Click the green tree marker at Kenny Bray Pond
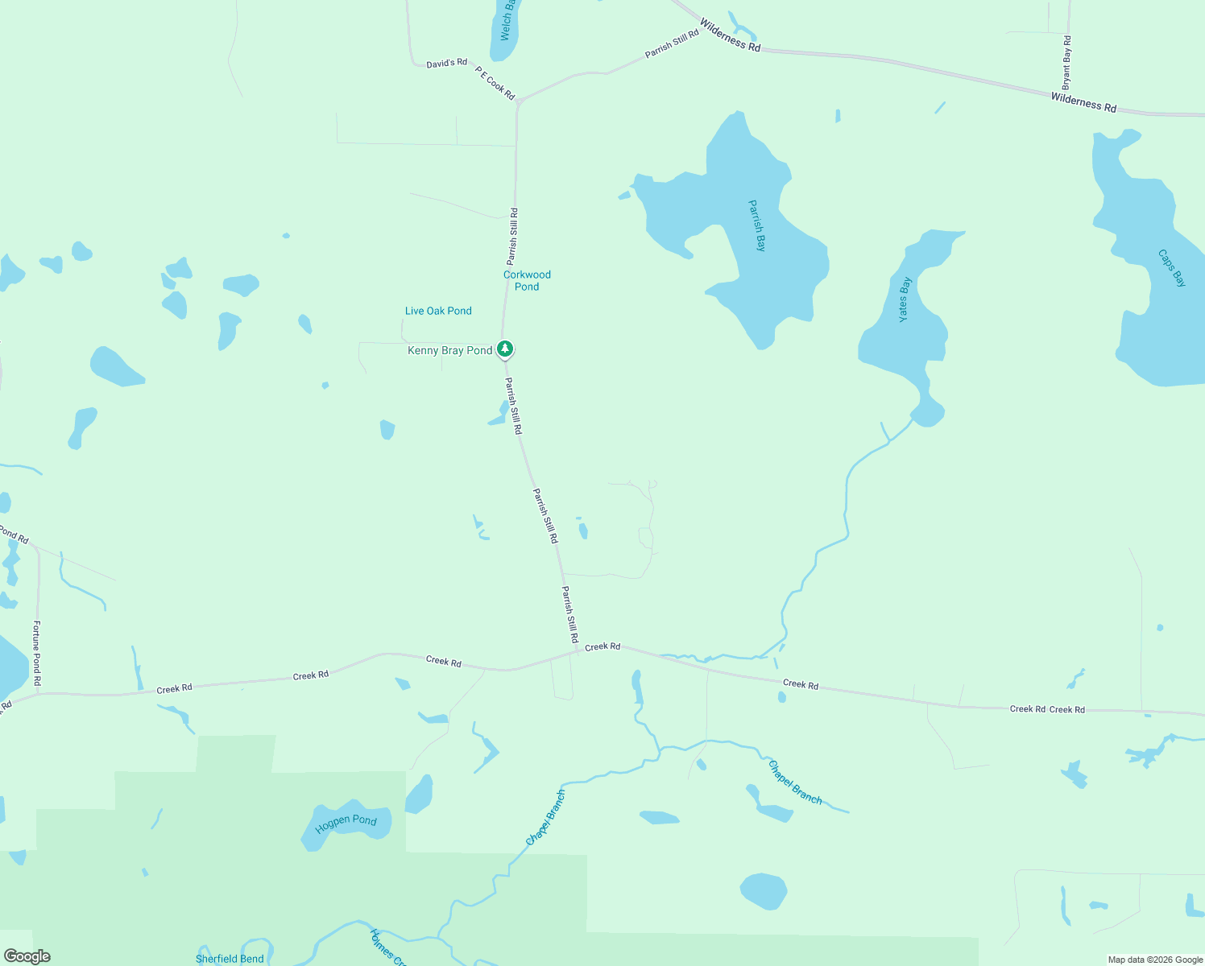click(x=505, y=349)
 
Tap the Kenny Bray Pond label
click(x=449, y=350)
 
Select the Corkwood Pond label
click(x=527, y=280)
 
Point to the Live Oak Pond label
click(x=438, y=311)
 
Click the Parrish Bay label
click(x=756, y=226)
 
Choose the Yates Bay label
click(x=905, y=299)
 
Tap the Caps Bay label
click(x=1172, y=268)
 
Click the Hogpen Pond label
click(x=346, y=823)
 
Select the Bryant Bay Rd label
click(x=1066, y=62)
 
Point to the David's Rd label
click(x=446, y=63)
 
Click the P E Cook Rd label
click(x=495, y=83)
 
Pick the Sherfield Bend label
click(x=230, y=959)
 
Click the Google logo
click(x=27, y=956)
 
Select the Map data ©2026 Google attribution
click(x=1155, y=960)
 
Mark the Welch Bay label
click(x=507, y=20)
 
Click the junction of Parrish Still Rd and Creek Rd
click(x=577, y=651)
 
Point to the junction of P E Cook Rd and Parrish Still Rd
click(x=520, y=101)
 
